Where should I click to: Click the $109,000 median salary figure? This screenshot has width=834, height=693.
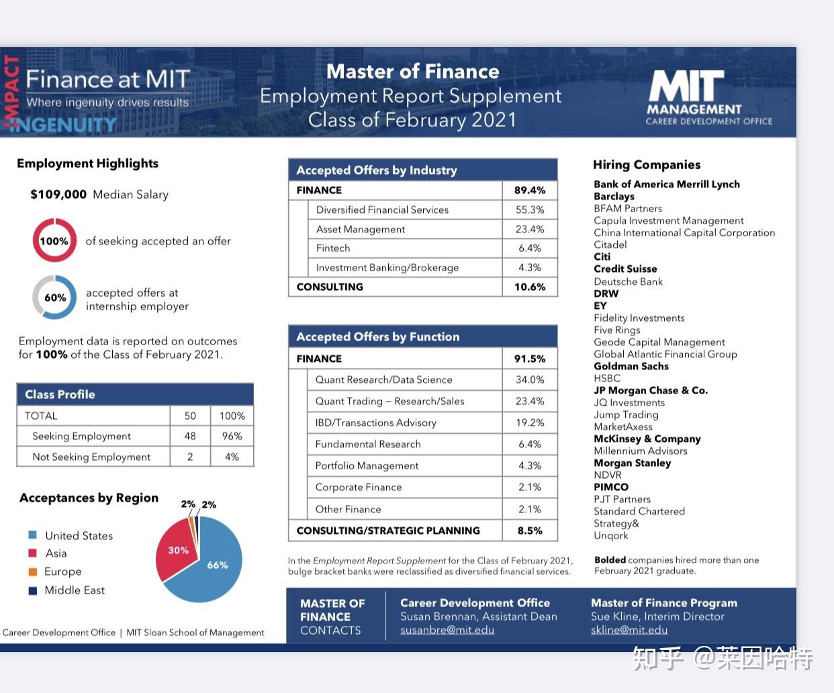tap(58, 195)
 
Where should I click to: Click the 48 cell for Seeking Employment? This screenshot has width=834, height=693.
tap(190, 436)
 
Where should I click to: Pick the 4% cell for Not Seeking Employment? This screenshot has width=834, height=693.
tap(232, 457)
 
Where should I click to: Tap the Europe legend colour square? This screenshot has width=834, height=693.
tap(32, 571)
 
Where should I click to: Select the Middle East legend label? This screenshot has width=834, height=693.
tap(75, 590)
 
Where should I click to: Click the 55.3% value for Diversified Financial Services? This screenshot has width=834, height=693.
tap(530, 210)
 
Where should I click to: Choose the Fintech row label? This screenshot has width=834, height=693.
tap(333, 248)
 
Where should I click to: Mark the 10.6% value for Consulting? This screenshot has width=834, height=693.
tap(530, 287)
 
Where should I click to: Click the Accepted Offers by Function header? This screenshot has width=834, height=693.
tap(378, 337)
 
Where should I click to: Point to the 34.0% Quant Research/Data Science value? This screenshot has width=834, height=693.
tap(530, 380)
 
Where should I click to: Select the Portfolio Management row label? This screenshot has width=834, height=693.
tap(367, 466)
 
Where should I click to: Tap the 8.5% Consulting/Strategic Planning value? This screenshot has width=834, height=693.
tap(530, 530)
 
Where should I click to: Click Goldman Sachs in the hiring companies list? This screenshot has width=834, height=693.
tap(631, 367)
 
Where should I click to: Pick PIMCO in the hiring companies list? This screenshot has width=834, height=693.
tap(611, 488)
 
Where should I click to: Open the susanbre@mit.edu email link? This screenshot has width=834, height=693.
tap(447, 630)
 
